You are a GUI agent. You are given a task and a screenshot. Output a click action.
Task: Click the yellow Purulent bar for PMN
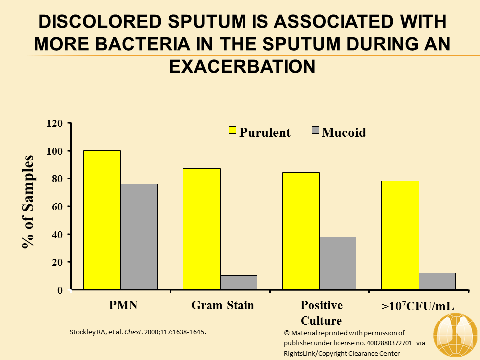(102, 220)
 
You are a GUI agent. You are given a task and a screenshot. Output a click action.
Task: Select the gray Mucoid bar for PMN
(139, 237)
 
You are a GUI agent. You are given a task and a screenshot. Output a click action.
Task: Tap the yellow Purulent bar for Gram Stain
(201, 229)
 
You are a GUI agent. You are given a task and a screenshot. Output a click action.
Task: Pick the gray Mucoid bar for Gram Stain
(238, 282)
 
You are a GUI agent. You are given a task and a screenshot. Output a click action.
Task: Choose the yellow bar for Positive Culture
(301, 231)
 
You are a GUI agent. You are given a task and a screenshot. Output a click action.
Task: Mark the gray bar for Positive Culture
(338, 263)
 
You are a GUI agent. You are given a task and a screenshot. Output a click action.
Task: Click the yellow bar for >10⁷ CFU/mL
(400, 235)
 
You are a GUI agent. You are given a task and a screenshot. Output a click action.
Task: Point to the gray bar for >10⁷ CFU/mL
(437, 281)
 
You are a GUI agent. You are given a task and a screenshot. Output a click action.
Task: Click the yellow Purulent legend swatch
(232, 130)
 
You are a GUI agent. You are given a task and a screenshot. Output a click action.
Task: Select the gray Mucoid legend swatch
(315, 130)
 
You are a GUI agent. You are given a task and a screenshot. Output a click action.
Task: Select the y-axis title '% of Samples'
(28, 202)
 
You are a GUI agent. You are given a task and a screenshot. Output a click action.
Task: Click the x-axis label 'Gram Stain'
(223, 305)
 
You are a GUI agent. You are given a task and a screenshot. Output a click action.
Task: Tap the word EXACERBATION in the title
(242, 66)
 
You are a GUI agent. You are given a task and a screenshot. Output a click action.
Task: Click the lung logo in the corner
(455, 336)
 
